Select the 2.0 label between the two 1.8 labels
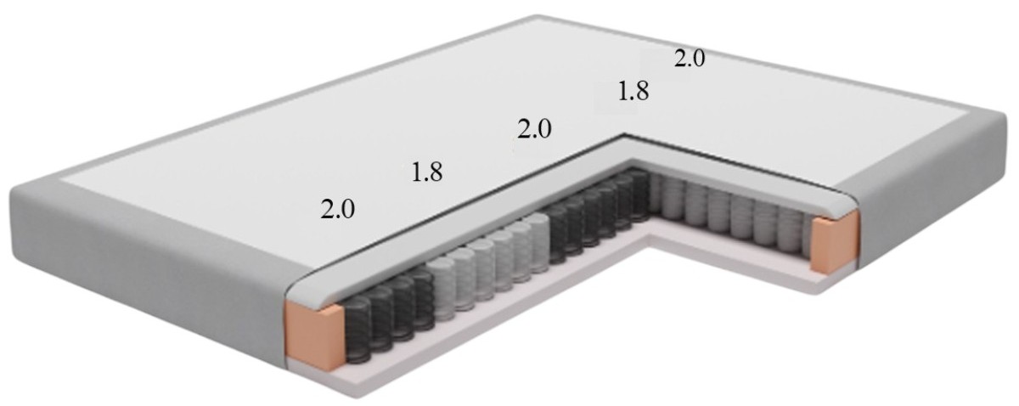[x=534, y=129]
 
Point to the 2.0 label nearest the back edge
[x=689, y=59]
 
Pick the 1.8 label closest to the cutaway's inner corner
[x=633, y=91]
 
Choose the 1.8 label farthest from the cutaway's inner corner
[x=426, y=172]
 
